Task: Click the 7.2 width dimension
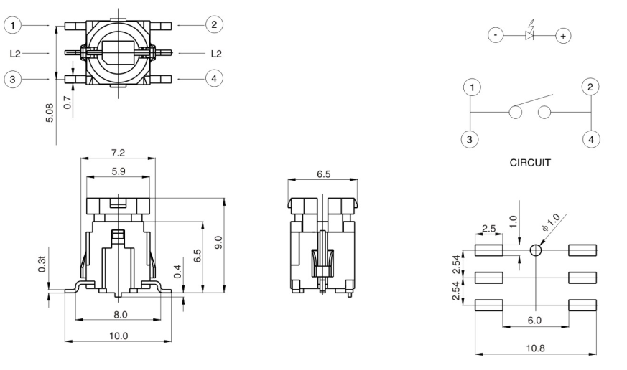119,154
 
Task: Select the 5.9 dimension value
119,172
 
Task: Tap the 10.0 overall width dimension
119,336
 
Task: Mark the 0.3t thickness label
42,265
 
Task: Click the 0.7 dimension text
67,103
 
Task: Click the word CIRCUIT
530,163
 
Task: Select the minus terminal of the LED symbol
496,35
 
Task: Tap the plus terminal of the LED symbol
564,35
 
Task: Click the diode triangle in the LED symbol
530,35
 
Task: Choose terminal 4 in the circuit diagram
590,139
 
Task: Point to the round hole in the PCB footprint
535,250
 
